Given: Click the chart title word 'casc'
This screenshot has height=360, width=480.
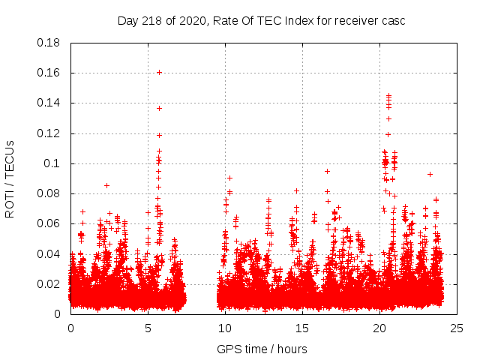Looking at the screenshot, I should click(x=393, y=21).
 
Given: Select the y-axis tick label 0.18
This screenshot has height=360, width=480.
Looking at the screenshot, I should click(x=49, y=43).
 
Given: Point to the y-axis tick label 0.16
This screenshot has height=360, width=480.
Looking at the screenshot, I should click(x=49, y=73).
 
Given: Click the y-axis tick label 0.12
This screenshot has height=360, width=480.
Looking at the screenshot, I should click(x=49, y=133).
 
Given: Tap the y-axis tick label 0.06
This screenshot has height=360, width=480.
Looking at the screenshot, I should click(x=49, y=223).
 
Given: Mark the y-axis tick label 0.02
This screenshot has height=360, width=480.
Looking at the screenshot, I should click(x=49, y=284).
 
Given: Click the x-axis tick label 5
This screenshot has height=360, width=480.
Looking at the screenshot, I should click(x=148, y=328).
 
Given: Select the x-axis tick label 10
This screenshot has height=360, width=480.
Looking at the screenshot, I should click(x=225, y=328).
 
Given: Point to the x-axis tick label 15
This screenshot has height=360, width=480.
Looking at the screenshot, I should click(x=302, y=328).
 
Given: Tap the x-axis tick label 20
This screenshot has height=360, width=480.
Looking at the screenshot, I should click(x=379, y=328).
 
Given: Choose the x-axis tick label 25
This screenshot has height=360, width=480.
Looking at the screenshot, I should click(x=457, y=328).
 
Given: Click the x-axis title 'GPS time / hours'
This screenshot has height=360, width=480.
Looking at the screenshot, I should click(x=262, y=349).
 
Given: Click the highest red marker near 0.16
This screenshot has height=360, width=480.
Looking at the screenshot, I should click(x=159, y=72).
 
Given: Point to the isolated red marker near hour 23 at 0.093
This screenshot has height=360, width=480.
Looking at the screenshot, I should click(x=430, y=174).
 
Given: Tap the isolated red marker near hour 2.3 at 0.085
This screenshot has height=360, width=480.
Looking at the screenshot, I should click(x=106, y=185).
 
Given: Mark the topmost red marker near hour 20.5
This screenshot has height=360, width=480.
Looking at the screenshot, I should click(x=388, y=95).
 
